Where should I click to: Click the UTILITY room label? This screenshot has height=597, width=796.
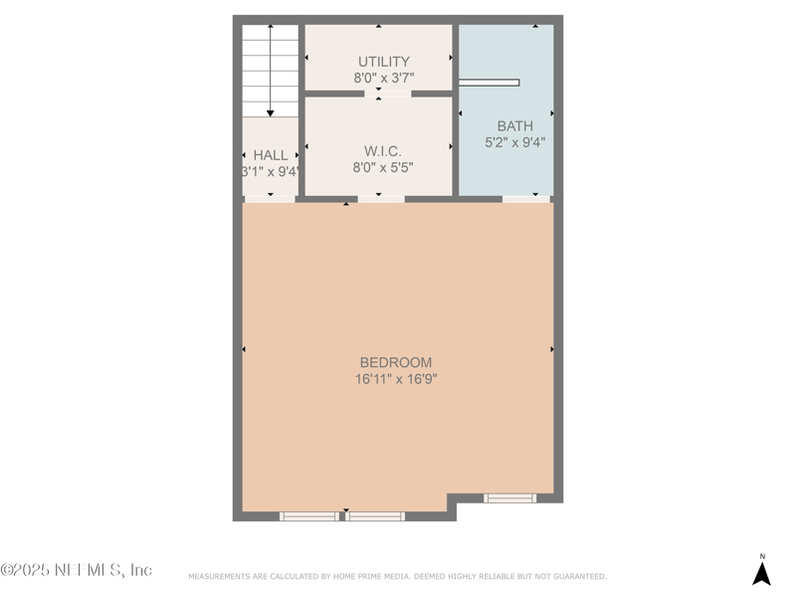click(x=383, y=62)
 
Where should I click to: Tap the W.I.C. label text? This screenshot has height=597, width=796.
click(x=383, y=151)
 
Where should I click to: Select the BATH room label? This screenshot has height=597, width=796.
click(x=514, y=125)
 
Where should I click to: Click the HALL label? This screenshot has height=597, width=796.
click(x=271, y=155)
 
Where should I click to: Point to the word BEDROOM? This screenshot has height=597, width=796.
click(x=396, y=362)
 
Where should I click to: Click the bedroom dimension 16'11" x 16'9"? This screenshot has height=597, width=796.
click(x=396, y=379)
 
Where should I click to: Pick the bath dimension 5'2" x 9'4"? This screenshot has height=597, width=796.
click(x=514, y=142)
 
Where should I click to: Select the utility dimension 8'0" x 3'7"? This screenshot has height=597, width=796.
click(x=383, y=78)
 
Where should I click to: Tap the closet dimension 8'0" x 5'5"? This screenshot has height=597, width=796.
click(x=383, y=167)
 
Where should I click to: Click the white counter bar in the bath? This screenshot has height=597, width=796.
click(x=489, y=83)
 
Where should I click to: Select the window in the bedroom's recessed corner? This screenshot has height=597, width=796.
click(x=509, y=497)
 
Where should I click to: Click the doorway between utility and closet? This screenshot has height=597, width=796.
click(x=387, y=94)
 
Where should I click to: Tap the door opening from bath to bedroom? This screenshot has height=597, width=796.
click(x=526, y=199)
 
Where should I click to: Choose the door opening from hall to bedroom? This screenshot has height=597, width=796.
click(x=270, y=199)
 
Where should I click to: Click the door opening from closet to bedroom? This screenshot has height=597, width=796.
click(x=381, y=199)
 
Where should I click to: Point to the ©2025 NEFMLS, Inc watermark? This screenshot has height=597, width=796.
click(x=77, y=570)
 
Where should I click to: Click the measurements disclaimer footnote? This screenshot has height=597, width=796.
click(x=397, y=576)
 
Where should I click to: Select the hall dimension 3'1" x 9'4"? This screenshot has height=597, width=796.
click(x=271, y=171)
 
